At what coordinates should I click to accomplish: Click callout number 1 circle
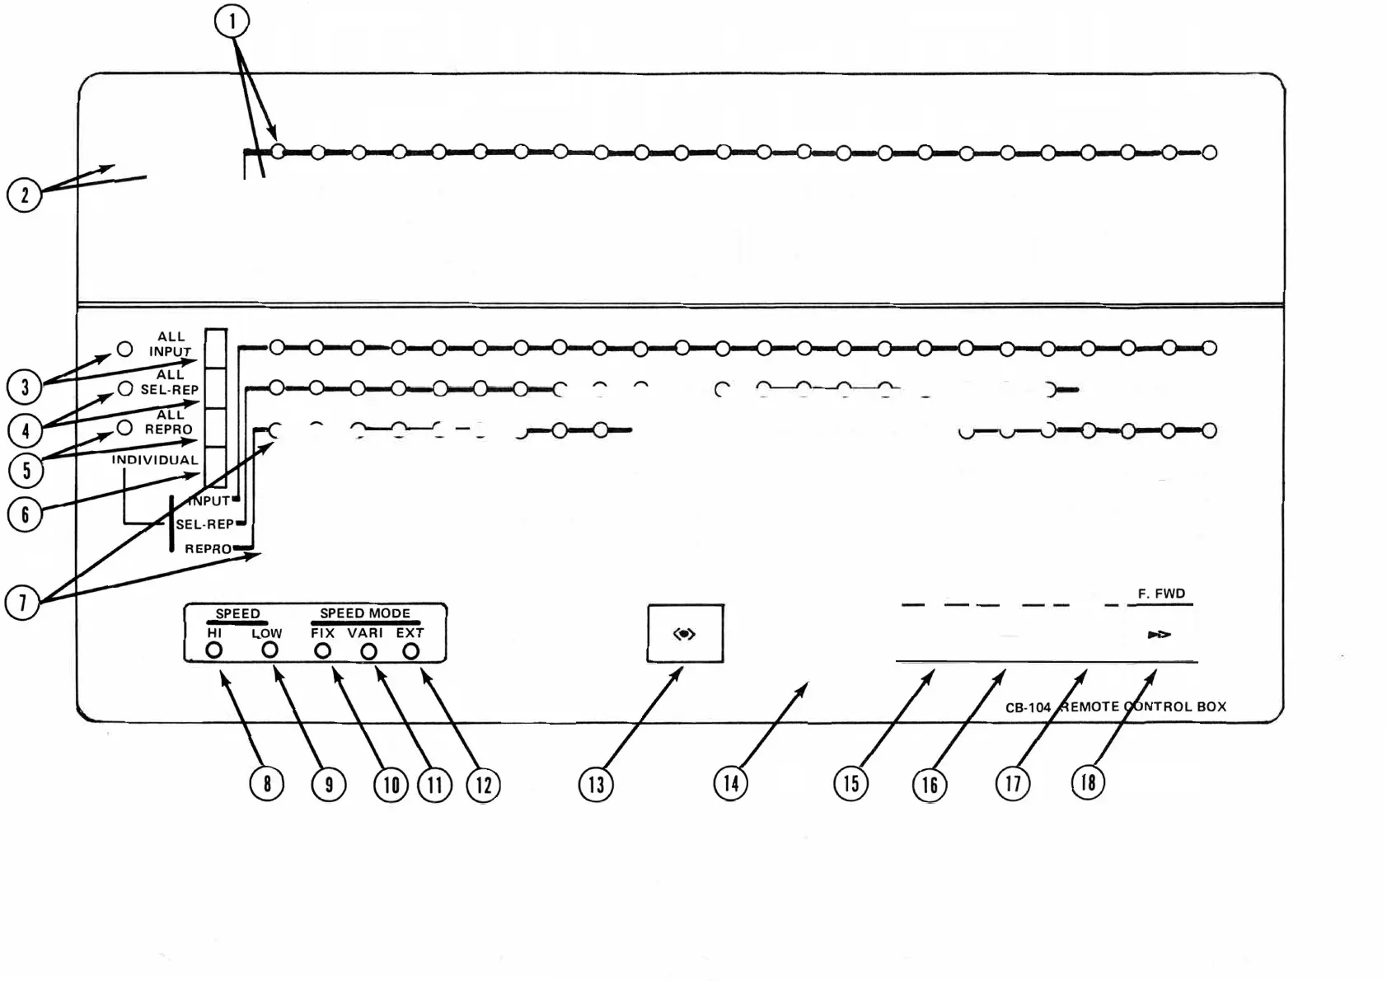[x=232, y=21]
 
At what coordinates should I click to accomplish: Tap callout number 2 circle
[x=24, y=195]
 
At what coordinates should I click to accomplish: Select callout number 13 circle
[x=596, y=785]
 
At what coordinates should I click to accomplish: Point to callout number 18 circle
[x=1088, y=782]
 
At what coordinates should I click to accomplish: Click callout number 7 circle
[x=22, y=603]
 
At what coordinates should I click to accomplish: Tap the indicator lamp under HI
[x=214, y=650]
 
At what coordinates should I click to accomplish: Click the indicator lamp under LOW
[x=269, y=650]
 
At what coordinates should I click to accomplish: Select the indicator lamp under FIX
[x=323, y=651]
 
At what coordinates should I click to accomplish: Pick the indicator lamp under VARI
[x=368, y=652]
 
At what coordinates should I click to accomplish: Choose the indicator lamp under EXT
[x=410, y=652]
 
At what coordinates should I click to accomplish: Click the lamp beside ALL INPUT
[x=124, y=349]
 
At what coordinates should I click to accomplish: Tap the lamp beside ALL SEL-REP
[x=125, y=388]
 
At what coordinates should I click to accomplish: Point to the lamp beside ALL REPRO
[x=124, y=428]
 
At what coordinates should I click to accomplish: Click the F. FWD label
[x=1161, y=594]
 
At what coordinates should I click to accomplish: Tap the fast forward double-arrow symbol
[x=1159, y=635]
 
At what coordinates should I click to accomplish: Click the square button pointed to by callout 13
[x=685, y=633]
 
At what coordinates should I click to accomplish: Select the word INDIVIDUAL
[x=155, y=460]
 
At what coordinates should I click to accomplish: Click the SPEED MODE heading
[x=365, y=613]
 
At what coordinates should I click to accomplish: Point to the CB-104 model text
[x=1028, y=707]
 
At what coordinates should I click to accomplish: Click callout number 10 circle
[x=391, y=785]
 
